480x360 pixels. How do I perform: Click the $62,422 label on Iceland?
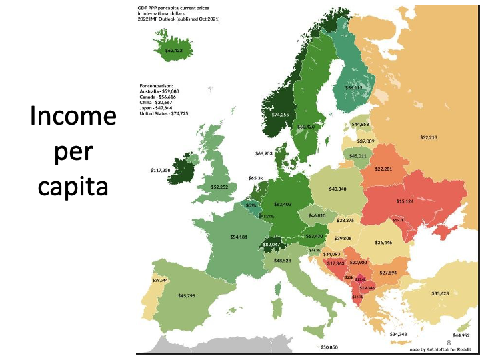pyautogui.click(x=174, y=50)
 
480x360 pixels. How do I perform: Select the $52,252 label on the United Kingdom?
pyautogui.click(x=219, y=187)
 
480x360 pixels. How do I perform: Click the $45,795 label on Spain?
pyautogui.click(x=187, y=295)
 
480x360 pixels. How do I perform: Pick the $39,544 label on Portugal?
pyautogui.click(x=160, y=280)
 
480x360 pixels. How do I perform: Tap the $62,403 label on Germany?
pyautogui.click(x=282, y=204)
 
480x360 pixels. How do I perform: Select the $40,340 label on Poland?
pyautogui.click(x=338, y=189)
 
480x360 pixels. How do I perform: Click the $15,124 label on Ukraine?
pyautogui.click(x=405, y=201)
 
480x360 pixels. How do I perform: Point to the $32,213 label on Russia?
pyautogui.click(x=429, y=137)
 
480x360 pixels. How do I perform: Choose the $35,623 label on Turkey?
pyautogui.click(x=440, y=293)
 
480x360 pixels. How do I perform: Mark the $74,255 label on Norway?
pyautogui.click(x=281, y=115)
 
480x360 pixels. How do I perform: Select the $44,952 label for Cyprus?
pyautogui.click(x=461, y=335)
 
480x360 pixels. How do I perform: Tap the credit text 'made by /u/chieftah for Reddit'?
pyautogui.click(x=440, y=349)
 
